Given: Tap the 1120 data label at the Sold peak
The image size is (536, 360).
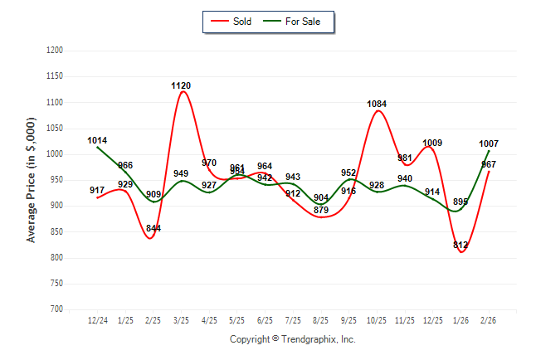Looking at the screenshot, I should point(181,85).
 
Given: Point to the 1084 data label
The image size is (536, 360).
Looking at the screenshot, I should point(378,104).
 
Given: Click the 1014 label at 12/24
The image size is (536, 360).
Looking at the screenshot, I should point(97,140).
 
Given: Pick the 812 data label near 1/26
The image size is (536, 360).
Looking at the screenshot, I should point(461,245).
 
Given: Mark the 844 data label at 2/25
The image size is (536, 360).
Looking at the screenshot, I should point(153,230).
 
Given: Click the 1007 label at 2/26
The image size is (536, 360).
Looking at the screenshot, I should point(489,144).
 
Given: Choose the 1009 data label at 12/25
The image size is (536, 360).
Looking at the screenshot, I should point(432,144).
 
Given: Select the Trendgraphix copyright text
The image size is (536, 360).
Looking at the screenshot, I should point(292,339).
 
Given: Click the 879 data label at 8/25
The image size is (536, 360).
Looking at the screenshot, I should point(321,232).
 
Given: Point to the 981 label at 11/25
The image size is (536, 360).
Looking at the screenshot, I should point(405,158).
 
